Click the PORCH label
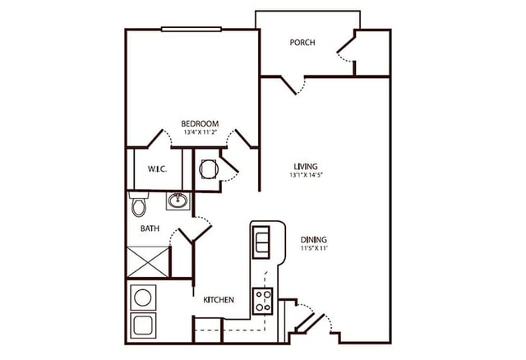click(x=302, y=43)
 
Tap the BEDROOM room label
click(x=200, y=124)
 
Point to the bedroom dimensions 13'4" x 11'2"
click(x=200, y=132)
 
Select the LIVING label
click(x=305, y=166)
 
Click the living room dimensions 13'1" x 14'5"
click(x=305, y=174)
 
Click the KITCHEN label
click(x=219, y=299)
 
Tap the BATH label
click(x=150, y=228)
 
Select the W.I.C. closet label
click(x=158, y=170)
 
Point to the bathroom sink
click(x=176, y=200)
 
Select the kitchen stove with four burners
click(x=263, y=301)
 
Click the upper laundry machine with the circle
click(x=143, y=296)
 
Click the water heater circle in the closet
click(x=207, y=168)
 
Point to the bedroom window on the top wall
click(x=191, y=30)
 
